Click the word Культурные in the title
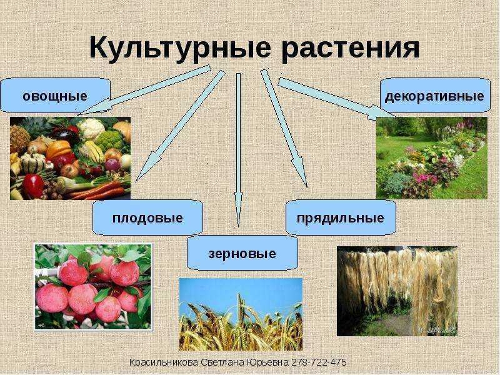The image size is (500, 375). (x=180, y=49)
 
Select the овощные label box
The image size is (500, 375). (x=55, y=96)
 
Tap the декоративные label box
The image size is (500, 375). (x=435, y=96)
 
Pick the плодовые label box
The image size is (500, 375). (x=147, y=217)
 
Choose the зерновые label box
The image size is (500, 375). (x=242, y=254)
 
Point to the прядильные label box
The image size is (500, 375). (x=341, y=217)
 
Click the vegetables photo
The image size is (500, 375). (x=71, y=159)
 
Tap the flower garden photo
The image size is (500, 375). (x=432, y=158)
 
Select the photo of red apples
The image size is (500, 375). (x=93, y=287)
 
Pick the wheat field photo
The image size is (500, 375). (x=241, y=314)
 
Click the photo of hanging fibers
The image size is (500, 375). (x=397, y=291)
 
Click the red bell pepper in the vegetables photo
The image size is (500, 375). (x=33, y=186)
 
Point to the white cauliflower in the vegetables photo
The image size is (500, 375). (x=91, y=129)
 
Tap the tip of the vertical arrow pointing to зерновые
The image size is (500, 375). (x=238, y=227)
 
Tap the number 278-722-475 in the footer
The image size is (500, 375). (x=319, y=362)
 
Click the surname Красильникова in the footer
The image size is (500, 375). (x=164, y=362)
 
